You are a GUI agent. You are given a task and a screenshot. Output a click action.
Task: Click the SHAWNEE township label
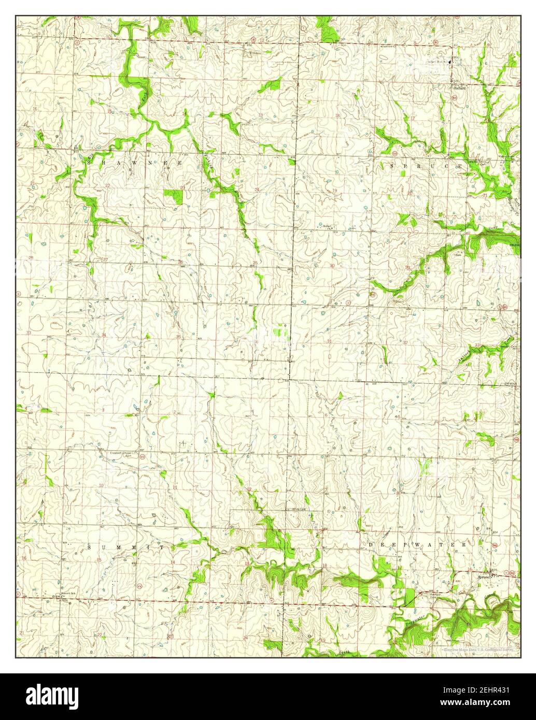[x=135, y=163]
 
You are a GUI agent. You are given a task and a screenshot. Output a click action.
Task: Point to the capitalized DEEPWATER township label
[x=418, y=545]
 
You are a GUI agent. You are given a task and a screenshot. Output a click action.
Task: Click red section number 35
[x=179, y=337]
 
